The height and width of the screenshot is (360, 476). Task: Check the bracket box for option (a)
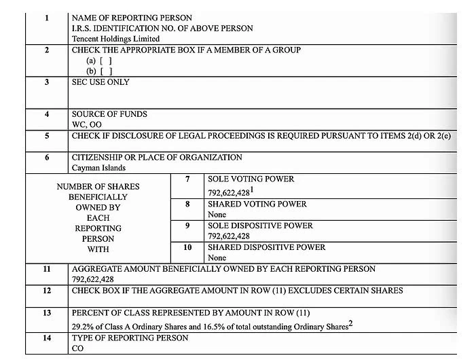[105, 60]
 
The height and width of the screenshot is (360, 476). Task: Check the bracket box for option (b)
[105, 71]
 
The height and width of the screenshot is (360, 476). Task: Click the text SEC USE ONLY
[100, 82]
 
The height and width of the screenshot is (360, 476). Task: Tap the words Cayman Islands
[99, 168]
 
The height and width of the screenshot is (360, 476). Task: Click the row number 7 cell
[187, 179]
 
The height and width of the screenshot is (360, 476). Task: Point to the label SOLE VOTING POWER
[251, 179]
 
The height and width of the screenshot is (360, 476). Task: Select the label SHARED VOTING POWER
[257, 204]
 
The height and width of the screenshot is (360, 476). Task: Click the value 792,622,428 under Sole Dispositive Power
[229, 236]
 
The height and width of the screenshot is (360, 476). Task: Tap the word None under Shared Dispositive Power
[217, 258]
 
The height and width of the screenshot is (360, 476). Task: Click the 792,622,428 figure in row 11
[93, 279]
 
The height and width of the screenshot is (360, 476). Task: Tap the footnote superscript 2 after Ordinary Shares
[350, 324]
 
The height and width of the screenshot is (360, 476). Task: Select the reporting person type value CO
[78, 348]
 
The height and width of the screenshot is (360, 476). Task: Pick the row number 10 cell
[187, 247]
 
